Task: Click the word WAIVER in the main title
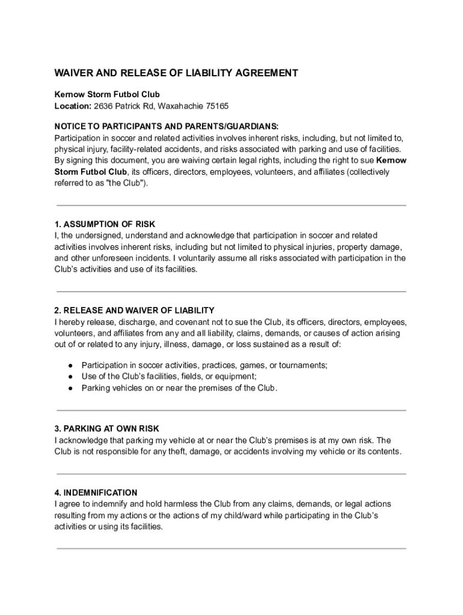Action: (75, 73)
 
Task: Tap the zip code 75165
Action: (216, 106)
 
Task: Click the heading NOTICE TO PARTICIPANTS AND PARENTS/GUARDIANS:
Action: (167, 126)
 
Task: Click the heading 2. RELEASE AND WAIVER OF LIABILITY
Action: (134, 311)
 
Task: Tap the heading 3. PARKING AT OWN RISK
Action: (106, 429)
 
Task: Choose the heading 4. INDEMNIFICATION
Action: (96, 492)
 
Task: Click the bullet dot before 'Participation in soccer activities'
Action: (70, 365)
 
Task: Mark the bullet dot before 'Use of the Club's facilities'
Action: (70, 377)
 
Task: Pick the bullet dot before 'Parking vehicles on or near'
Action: (70, 388)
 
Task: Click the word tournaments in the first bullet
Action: (305, 365)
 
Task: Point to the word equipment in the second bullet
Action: (235, 377)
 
